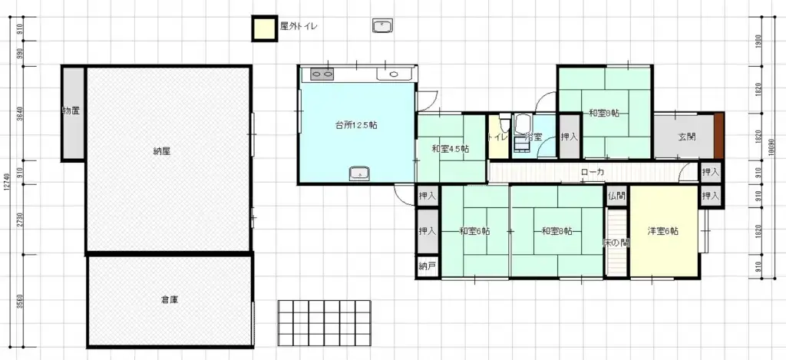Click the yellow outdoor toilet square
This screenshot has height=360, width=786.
264,28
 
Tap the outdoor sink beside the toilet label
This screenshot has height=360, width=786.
382,27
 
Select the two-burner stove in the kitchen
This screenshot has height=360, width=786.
322,74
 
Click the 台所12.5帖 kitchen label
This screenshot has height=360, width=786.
355,125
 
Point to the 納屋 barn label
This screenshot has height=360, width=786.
161,151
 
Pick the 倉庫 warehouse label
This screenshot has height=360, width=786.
170,299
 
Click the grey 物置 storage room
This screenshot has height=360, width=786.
72,113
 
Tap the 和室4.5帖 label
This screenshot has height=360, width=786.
451,148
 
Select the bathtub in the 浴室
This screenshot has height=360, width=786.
525,124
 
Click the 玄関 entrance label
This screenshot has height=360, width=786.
687,137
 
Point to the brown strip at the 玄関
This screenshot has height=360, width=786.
718,136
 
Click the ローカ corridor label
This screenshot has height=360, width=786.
593,172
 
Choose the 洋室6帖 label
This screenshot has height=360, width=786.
662,231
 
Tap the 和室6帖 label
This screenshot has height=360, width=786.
474,231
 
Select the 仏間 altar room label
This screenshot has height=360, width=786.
616,196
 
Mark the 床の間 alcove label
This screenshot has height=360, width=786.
616,242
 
